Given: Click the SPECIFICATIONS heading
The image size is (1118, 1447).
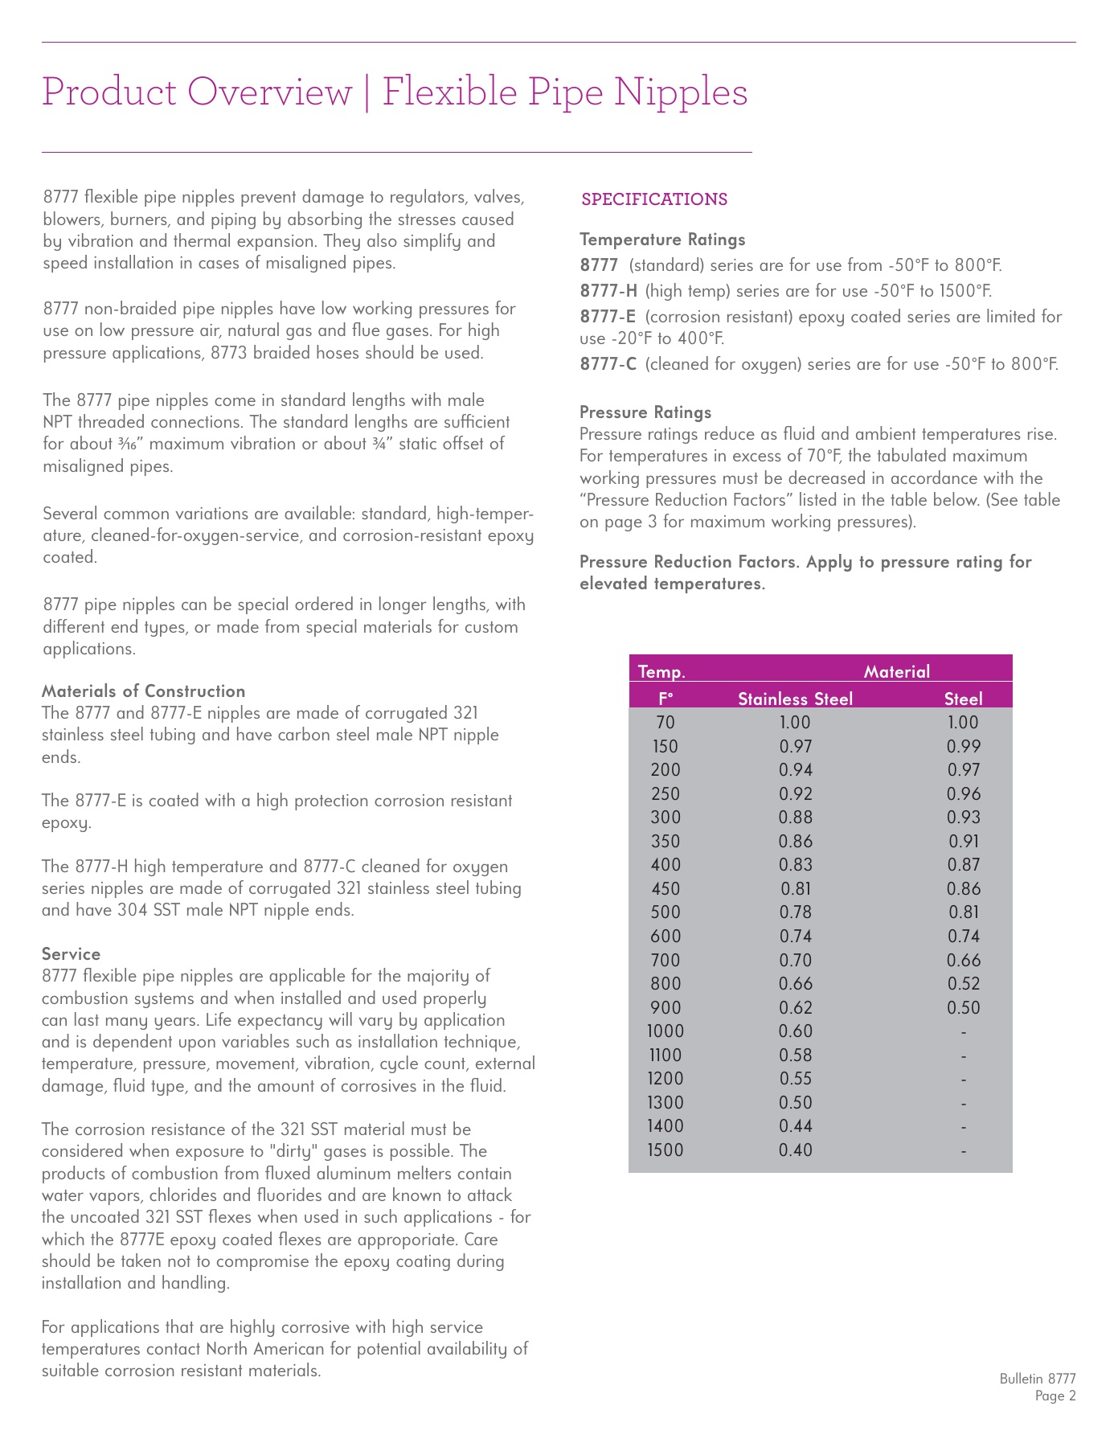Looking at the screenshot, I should tap(654, 199).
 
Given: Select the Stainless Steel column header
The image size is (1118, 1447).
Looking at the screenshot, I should tap(795, 699).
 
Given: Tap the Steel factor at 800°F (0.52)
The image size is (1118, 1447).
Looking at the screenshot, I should tap(963, 984).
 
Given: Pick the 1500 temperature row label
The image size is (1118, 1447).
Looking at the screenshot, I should tap(665, 1150).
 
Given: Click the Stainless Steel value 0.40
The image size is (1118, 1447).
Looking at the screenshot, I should tap(796, 1150).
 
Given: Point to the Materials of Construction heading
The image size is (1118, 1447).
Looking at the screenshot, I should tap(143, 691).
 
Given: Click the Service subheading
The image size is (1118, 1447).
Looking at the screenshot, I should tap(71, 954).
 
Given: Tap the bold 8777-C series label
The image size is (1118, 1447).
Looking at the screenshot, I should tap(608, 364).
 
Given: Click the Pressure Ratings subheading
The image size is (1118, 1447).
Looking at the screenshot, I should tap(645, 412).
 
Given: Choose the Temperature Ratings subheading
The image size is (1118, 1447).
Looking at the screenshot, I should tap(662, 240).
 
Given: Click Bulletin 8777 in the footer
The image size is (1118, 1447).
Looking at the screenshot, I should tap(1037, 1379).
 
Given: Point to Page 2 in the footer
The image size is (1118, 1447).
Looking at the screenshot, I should tap(1055, 1396).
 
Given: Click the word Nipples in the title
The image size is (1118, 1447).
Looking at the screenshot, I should tap(680, 92).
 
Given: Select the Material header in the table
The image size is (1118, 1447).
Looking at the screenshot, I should tap(896, 671).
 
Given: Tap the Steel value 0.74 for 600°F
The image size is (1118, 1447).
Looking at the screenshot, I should tap(963, 937).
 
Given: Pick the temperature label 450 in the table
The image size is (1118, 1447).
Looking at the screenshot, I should tap(665, 889).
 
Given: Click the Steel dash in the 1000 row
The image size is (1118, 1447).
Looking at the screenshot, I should tap(963, 1031).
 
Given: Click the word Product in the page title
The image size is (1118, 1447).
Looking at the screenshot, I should tap(109, 92).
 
